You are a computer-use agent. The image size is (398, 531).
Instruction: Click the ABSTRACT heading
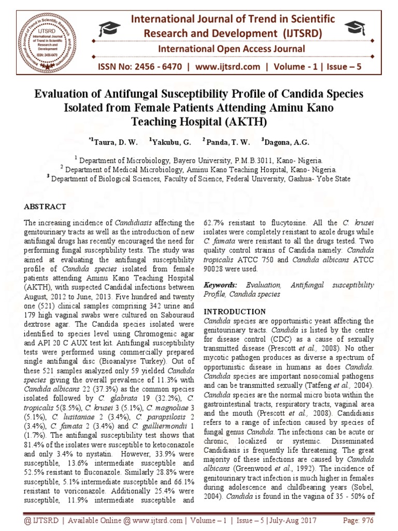click(x=45, y=206)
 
